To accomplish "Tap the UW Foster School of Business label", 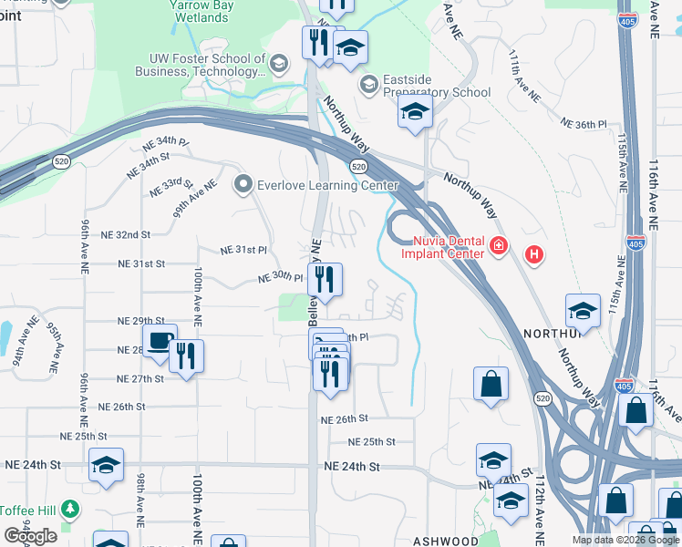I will click(201, 66).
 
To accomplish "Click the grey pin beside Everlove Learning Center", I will click(243, 185).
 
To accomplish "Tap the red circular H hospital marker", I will click(534, 253).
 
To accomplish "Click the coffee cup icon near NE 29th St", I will click(160, 341).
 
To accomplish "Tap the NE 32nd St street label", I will click(125, 234).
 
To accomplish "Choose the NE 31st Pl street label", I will click(243, 250).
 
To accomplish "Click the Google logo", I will click(30, 535).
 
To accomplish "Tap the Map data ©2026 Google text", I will click(625, 540).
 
